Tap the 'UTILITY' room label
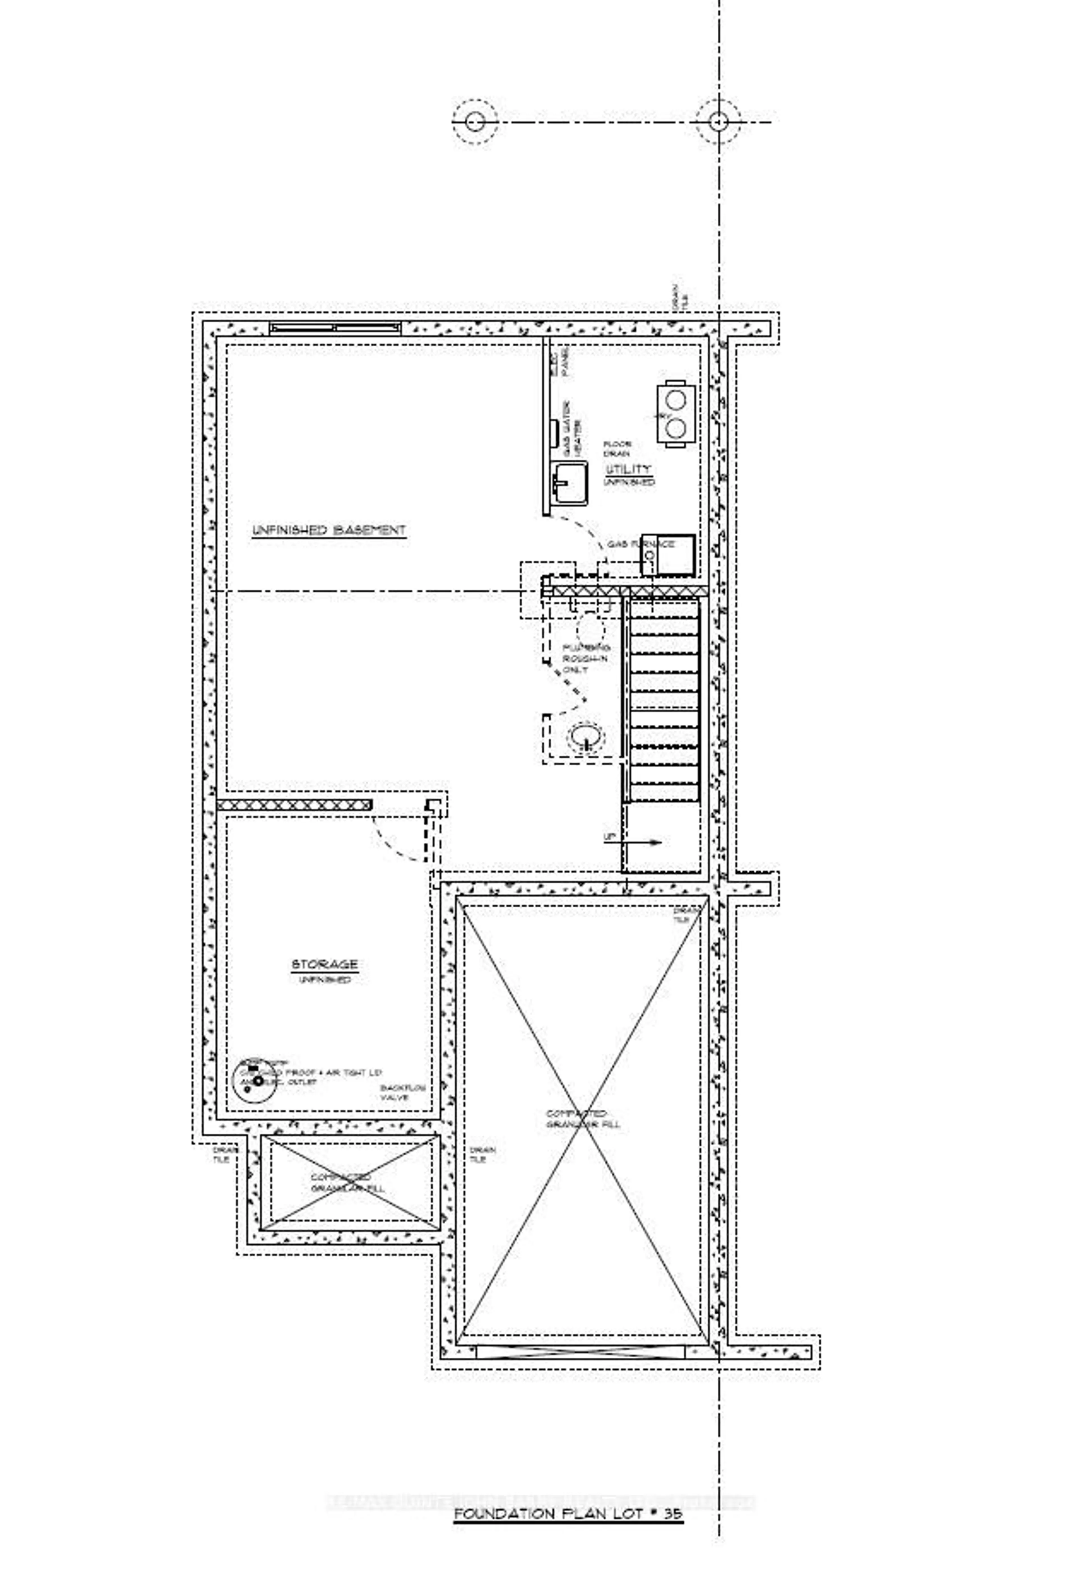pos(627,469)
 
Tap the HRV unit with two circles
pos(675,413)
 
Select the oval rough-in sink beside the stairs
pos(586,737)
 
